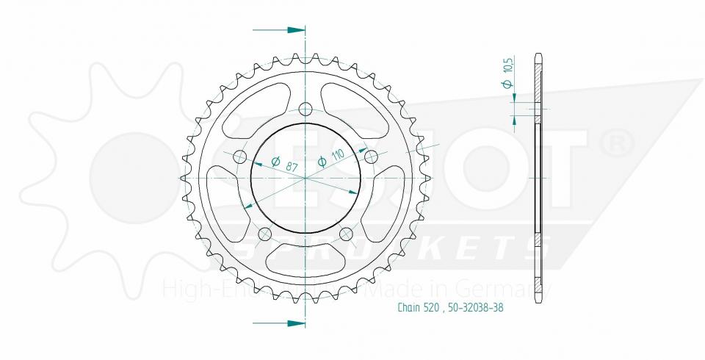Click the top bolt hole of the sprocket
pyautogui.click(x=305, y=109)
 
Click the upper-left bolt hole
pyautogui.click(x=239, y=156)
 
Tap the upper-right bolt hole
pyautogui.click(x=371, y=156)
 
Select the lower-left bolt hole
pyautogui.click(x=265, y=234)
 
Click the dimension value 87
pyautogui.click(x=292, y=168)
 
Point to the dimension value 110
pyautogui.click(x=337, y=155)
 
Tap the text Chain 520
pyautogui.click(x=417, y=309)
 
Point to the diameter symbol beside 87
pyautogui.click(x=275, y=162)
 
